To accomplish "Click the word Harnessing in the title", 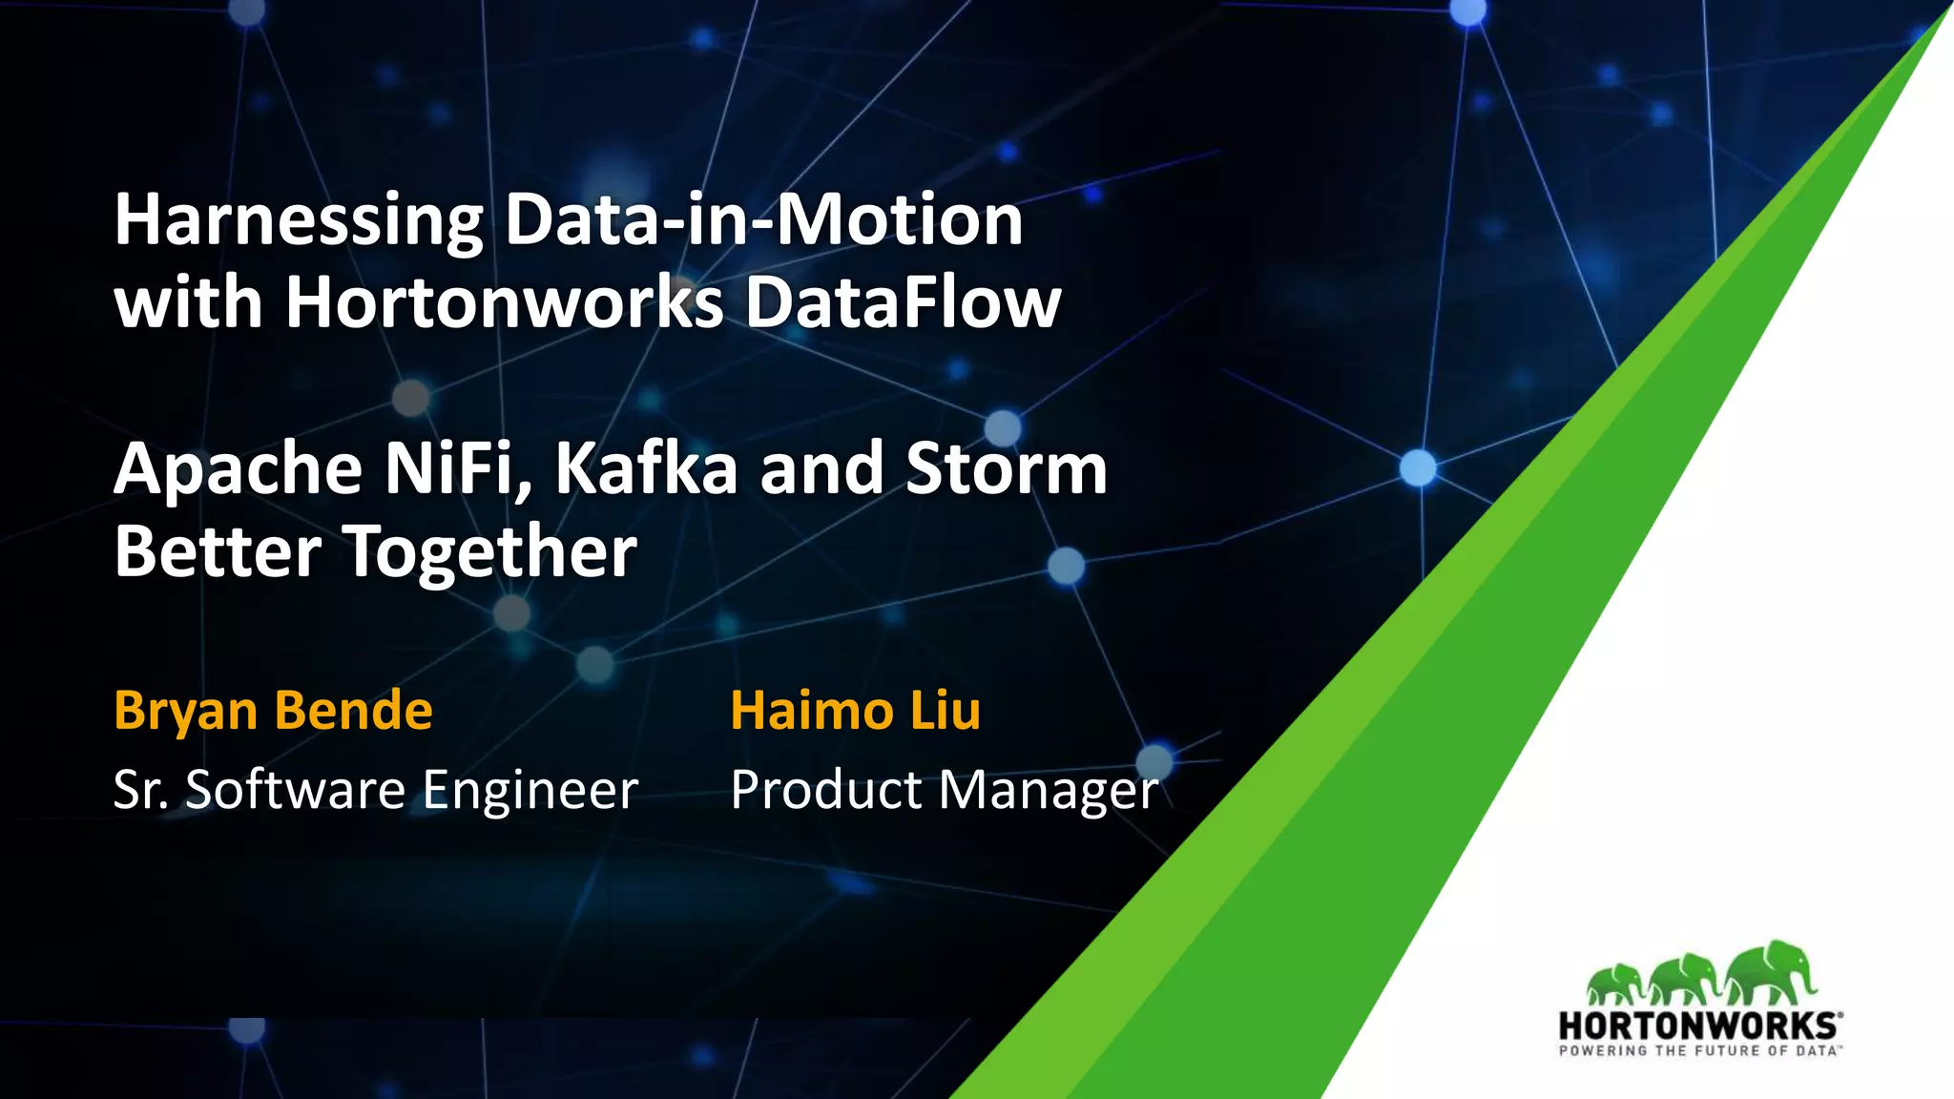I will [x=299, y=221].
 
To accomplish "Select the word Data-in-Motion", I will [x=763, y=219].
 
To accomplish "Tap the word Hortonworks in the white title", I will [x=505, y=302].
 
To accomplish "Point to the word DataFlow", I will [x=903, y=302].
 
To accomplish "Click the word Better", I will [x=218, y=551].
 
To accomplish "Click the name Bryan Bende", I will [x=273, y=711].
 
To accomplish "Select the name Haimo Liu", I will [x=855, y=711].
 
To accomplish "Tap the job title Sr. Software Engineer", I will [x=375, y=790].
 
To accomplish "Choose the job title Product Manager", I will [x=944, y=790].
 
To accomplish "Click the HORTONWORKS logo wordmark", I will [x=1698, y=1026].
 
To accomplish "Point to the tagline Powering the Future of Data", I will [x=1698, y=1050].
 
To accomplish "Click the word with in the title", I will [x=188, y=302].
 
